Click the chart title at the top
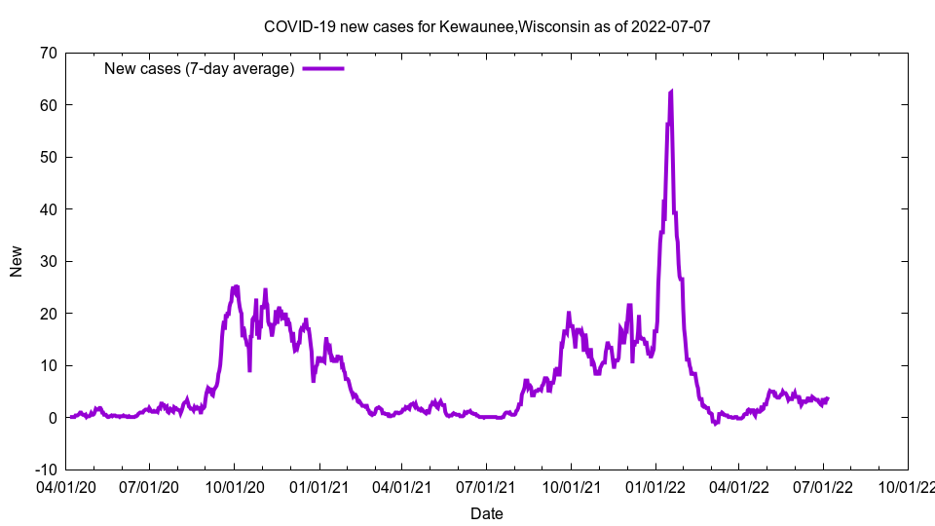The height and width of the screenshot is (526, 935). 487,26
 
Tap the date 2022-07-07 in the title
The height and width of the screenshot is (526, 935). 674,26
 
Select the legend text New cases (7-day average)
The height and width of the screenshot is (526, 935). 199,69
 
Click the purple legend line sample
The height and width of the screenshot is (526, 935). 323,69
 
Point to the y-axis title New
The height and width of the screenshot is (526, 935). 17,261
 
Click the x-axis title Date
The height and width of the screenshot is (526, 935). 487,513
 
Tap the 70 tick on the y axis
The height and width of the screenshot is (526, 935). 48,53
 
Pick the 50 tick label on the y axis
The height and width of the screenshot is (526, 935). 48,157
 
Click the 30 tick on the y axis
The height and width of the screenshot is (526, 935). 48,261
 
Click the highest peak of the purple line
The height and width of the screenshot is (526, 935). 671,92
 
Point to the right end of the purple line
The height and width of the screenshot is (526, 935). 828,398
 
